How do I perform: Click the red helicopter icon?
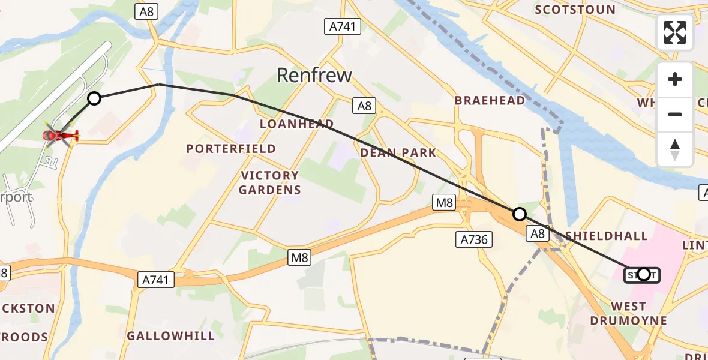click(x=60, y=137)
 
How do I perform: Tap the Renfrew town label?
click(x=314, y=75)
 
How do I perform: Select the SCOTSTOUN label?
click(x=575, y=10)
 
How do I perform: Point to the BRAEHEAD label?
click(x=490, y=100)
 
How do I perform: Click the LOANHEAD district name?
click(x=296, y=124)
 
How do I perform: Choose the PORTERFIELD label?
click(x=231, y=148)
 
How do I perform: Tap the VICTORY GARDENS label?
click(x=269, y=182)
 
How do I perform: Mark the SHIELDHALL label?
click(x=606, y=236)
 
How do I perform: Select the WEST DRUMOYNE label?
click(x=628, y=313)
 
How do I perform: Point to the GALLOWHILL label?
click(x=170, y=336)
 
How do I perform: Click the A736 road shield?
click(x=473, y=240)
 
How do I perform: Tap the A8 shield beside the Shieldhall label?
click(x=538, y=234)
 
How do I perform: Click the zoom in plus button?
click(x=675, y=80)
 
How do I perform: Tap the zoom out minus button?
click(x=675, y=114)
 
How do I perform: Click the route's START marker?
click(x=643, y=275)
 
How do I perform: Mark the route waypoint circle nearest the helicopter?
click(x=94, y=98)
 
